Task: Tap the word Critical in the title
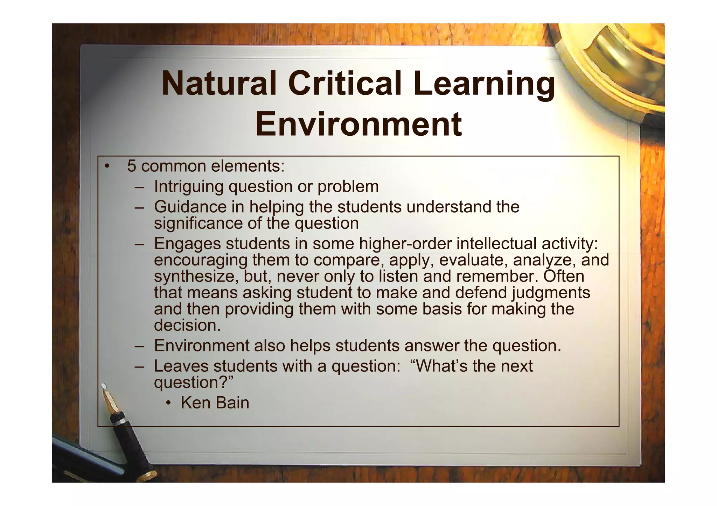(345, 84)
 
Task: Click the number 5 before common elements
(131, 166)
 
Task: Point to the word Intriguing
(188, 186)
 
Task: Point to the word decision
(187, 326)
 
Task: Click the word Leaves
(181, 366)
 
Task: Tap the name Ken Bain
(215, 403)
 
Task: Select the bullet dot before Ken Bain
(168, 404)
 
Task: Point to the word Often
(564, 276)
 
